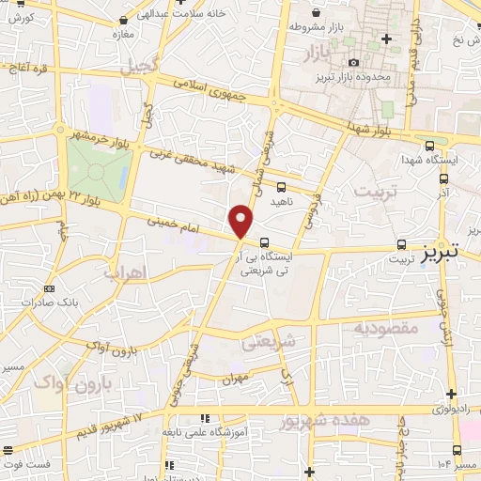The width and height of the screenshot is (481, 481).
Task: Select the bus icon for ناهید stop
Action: pyautogui.click(x=281, y=187)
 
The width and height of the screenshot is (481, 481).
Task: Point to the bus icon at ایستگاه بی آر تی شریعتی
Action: pyautogui.click(x=264, y=240)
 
